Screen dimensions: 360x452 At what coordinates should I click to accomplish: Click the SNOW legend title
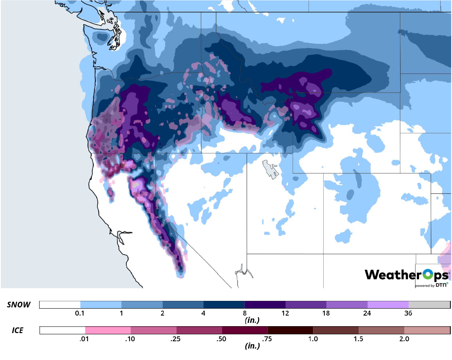[18, 305]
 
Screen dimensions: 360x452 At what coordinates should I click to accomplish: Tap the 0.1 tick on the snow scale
[80, 313]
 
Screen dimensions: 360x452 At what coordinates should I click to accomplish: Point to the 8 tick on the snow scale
[245, 313]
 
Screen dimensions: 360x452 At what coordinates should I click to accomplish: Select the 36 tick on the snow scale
[408, 313]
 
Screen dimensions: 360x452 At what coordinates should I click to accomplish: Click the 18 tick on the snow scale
[326, 313]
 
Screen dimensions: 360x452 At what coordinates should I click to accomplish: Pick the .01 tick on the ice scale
[85, 338]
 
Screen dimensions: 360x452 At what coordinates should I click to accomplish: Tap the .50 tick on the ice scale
[222, 338]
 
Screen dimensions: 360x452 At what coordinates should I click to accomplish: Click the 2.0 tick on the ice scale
[404, 338]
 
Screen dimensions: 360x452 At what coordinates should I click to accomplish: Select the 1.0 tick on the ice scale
[313, 338]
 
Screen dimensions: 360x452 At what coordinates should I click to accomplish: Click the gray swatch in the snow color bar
[429, 305]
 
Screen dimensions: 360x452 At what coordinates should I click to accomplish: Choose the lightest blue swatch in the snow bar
[101, 305]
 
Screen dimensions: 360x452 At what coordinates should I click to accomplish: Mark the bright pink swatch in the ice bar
[108, 330]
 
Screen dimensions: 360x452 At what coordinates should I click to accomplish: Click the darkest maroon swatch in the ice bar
[290, 330]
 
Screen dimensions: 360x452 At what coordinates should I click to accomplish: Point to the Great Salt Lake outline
[269, 169]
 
